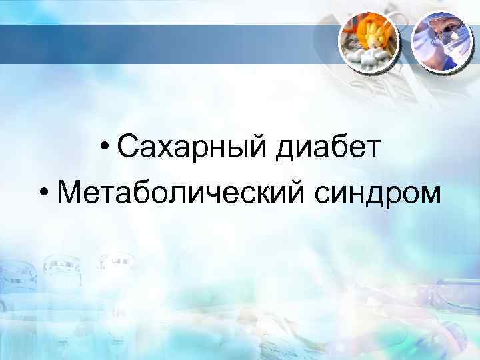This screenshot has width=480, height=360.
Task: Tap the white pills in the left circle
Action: coord(368,59)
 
